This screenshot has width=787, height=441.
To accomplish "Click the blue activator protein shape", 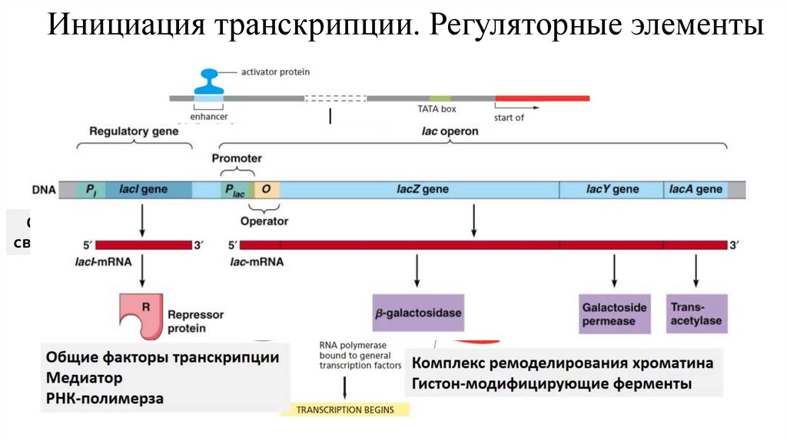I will [208, 79].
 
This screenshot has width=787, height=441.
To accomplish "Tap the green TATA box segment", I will [440, 98].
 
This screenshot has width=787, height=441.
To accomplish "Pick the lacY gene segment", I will [612, 189].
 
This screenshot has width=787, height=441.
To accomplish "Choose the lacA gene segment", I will [696, 189].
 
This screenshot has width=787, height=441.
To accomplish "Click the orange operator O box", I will [267, 189].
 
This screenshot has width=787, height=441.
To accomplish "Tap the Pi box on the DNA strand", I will [91, 189].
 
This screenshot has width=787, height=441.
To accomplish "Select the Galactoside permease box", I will [614, 313].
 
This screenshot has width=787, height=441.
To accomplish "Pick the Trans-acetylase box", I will [696, 313].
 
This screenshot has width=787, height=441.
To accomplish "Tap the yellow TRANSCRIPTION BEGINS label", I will [345, 409].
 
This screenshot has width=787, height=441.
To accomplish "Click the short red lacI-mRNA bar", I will [142, 245].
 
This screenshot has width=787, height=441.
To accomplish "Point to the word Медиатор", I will [84, 378].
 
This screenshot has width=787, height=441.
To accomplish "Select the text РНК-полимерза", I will [105, 398].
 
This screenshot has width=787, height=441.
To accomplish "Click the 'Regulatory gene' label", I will [134, 131].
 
